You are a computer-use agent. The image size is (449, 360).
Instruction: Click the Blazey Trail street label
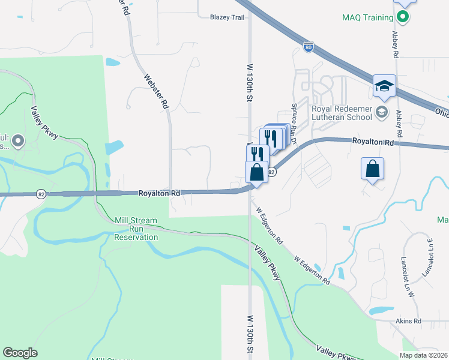228,17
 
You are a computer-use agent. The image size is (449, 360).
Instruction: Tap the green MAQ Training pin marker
403,17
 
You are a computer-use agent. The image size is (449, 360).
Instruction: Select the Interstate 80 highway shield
308,47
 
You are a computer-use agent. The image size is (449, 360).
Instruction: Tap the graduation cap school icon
384,86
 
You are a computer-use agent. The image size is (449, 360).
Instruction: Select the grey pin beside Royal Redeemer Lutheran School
381,112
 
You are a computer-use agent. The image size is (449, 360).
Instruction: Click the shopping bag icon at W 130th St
256,172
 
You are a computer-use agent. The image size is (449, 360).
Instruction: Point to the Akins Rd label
408,321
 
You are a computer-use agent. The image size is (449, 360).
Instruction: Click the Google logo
20,352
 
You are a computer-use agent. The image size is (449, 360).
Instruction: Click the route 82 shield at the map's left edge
41,194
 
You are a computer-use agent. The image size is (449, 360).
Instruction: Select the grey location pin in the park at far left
18,142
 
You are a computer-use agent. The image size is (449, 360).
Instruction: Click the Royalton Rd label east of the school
373,142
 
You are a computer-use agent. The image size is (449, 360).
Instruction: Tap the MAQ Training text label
367,17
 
